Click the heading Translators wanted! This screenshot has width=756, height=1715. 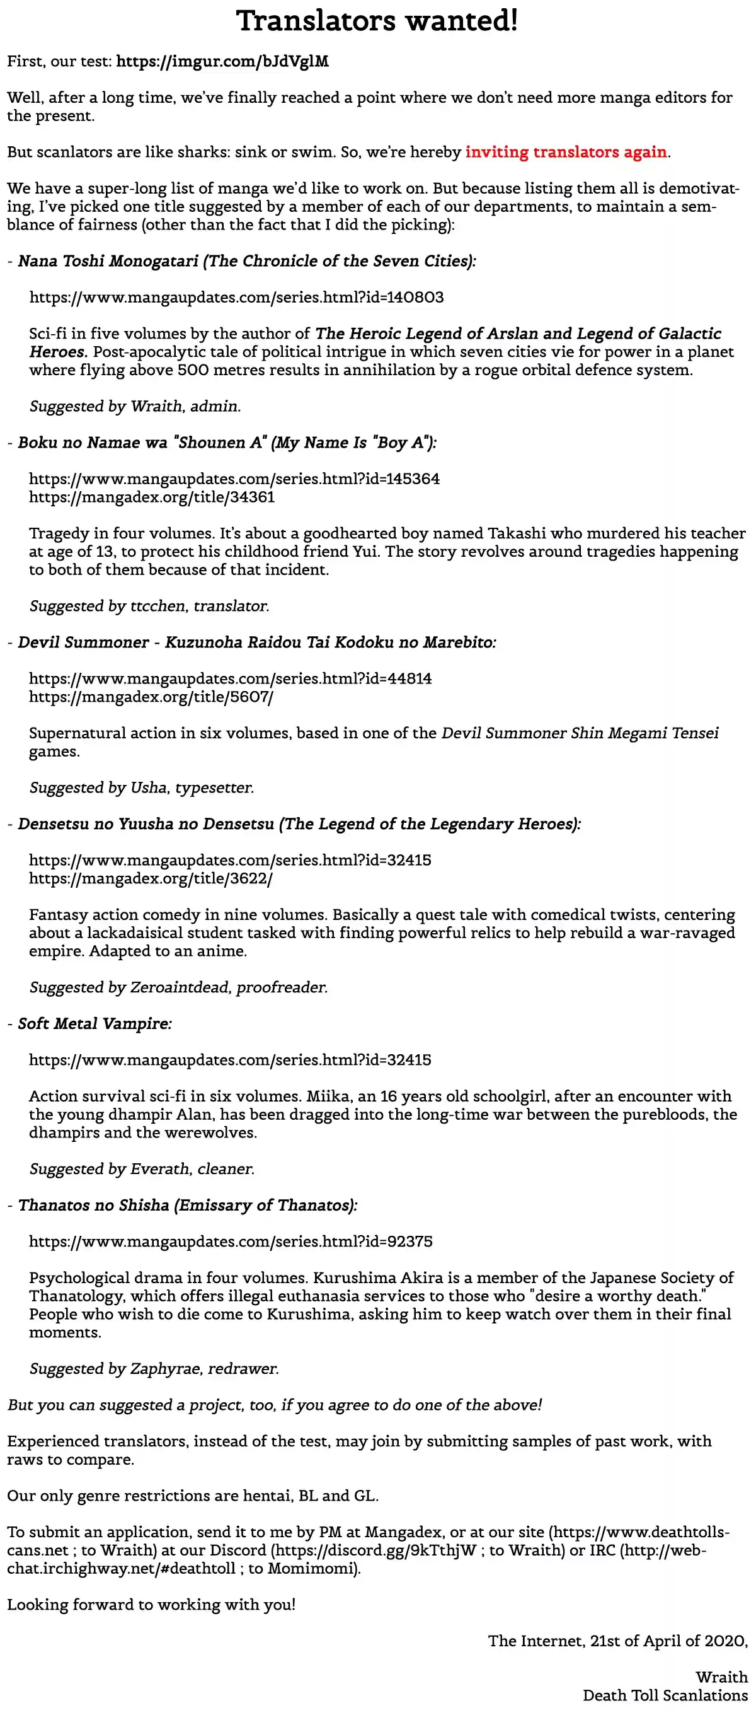pos(377,21)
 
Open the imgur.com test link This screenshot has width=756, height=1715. pos(222,62)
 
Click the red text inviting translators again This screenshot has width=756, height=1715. pos(566,153)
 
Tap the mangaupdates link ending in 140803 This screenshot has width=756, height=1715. pos(236,298)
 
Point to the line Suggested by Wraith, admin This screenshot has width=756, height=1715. pos(135,407)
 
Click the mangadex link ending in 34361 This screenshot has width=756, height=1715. pos(152,497)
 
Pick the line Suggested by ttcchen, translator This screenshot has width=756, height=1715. pos(149,607)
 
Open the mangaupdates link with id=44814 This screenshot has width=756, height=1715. pos(230,679)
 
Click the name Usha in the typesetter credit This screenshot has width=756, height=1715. pos(149,788)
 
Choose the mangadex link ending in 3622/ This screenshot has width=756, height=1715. pos(151,879)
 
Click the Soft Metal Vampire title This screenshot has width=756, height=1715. pos(94,1024)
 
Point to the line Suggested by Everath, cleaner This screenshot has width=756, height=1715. pos(142,1169)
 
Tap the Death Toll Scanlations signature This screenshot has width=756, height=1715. pos(665,1695)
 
